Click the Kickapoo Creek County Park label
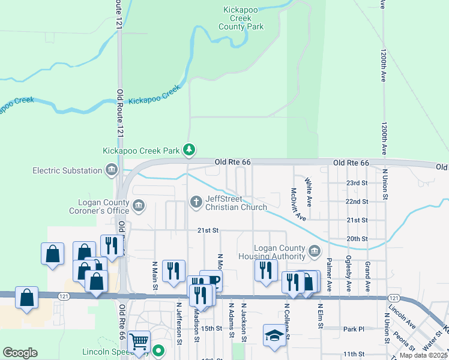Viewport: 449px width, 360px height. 243,19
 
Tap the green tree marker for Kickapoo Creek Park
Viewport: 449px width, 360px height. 189,149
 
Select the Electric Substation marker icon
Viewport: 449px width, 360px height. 111,171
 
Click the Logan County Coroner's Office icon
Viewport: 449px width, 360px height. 139,206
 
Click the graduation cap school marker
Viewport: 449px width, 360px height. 274,335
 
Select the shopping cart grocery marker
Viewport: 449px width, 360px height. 139,342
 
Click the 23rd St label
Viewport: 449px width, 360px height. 357,183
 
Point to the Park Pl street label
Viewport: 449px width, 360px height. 354,329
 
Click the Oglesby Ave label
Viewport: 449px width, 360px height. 348,275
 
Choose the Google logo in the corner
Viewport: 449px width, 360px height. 20,352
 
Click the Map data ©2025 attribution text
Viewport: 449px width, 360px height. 423,355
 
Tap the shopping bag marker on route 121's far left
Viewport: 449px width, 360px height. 26,298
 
